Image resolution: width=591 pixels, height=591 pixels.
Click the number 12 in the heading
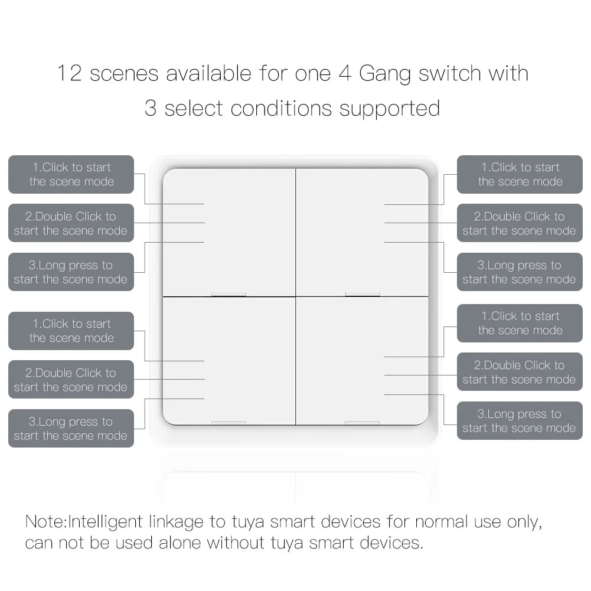coord(70,74)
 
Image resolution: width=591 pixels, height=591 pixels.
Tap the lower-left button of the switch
coord(228,360)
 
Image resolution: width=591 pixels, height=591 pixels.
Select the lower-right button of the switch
coord(362,360)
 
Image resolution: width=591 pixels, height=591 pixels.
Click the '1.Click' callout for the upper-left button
coord(71,174)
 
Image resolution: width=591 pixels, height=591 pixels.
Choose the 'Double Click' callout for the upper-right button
coord(520,223)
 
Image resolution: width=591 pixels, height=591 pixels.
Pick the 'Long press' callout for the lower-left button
coord(71,429)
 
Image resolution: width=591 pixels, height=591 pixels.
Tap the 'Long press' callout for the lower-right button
coord(520,421)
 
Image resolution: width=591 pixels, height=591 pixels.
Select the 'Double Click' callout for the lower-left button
coord(71,380)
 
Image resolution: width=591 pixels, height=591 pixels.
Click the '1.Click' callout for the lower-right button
coord(520,323)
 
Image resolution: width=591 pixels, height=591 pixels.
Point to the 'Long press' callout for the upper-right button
coord(520,272)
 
